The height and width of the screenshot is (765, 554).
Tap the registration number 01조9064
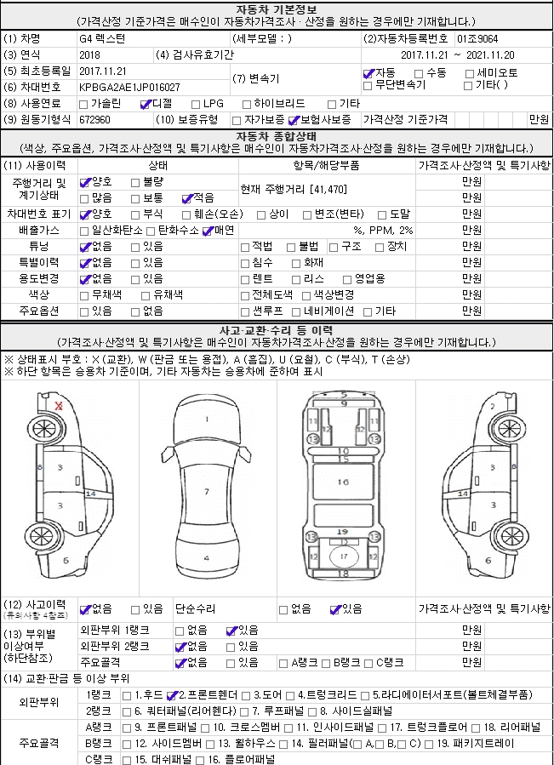click(x=477, y=38)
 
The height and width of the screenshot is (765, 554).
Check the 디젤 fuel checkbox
click(x=146, y=104)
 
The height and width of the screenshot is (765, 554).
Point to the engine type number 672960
click(x=94, y=120)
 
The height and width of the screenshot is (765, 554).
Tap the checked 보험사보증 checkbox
click(x=294, y=120)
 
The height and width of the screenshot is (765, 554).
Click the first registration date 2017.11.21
click(x=102, y=71)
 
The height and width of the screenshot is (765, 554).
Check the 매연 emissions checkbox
click(x=207, y=231)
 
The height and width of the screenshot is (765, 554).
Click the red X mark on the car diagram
click(x=59, y=406)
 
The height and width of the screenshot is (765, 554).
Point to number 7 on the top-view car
click(x=206, y=492)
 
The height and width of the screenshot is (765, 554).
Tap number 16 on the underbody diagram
click(x=343, y=482)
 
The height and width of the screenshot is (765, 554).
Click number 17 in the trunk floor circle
click(x=343, y=556)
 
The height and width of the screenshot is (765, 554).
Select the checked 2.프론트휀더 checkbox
click(x=172, y=694)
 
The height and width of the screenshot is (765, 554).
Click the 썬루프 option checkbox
click(x=246, y=311)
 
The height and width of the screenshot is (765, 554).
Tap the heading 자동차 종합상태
click(x=277, y=136)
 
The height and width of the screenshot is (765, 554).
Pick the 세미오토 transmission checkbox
click(x=469, y=73)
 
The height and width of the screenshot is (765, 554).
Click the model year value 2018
click(x=89, y=54)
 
